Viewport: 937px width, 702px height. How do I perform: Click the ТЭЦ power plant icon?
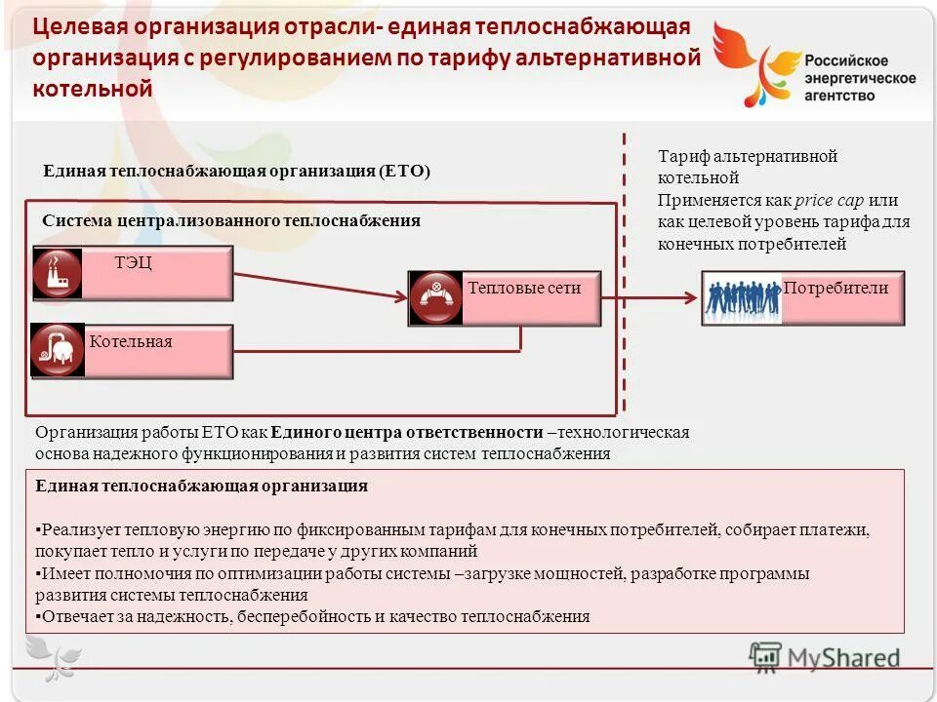[x=58, y=273]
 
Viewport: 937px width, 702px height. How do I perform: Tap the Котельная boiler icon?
[x=58, y=350]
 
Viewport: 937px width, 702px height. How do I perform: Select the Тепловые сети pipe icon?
[x=436, y=297]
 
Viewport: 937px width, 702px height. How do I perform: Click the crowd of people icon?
[x=743, y=298]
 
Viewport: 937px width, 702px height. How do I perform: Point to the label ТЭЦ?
[x=133, y=263]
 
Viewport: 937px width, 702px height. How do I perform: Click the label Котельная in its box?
[x=131, y=341]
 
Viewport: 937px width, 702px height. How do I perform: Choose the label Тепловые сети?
[x=524, y=288]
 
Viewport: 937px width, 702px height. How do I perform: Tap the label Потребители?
[x=835, y=288]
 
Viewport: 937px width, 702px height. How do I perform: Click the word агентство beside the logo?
[x=839, y=96]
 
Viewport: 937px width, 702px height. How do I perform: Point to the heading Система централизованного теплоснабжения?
[x=231, y=220]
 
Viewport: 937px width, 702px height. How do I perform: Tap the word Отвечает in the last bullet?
[x=74, y=616]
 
